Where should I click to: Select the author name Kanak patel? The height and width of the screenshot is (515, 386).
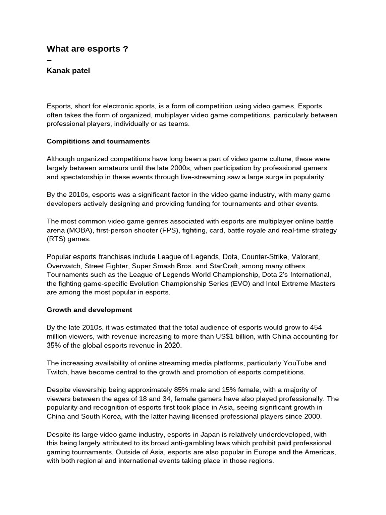pos(68,71)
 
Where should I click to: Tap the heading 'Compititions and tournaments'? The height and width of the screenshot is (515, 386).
pos(98,141)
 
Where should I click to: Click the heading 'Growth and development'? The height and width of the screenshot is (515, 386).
pos(89,310)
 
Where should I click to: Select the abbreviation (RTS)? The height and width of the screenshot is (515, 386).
pos(58,239)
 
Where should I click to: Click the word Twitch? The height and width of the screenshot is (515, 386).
pos(57,372)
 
